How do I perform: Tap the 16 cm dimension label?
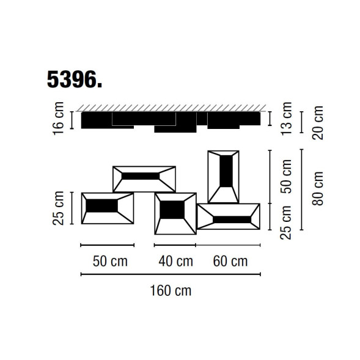(59, 120)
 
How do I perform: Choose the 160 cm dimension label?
(171, 290)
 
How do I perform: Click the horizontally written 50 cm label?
(110, 262)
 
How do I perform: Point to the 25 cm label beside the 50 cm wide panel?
(59, 208)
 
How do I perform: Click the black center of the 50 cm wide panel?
(103, 206)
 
